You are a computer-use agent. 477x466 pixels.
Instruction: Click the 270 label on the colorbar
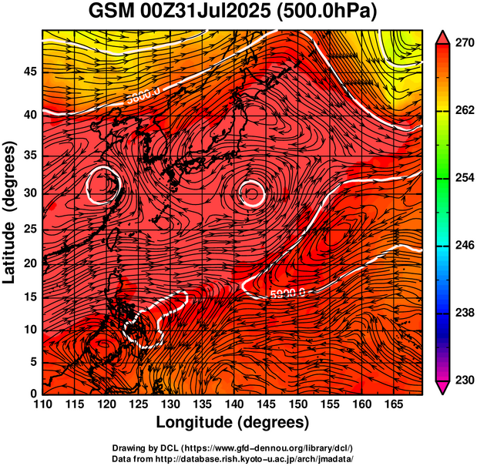pos(462,45)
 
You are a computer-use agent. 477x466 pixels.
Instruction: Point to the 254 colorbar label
pos(462,178)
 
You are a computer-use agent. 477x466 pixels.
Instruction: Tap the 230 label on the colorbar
pos(462,380)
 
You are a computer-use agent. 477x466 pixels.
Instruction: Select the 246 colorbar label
pos(462,246)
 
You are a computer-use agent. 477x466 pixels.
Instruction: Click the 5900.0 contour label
pos(287,292)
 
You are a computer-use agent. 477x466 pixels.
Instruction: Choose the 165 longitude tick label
pos(391,404)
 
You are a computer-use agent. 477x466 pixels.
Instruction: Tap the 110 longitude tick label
pos(43,404)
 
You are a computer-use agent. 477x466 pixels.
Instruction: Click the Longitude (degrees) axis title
pos(233,422)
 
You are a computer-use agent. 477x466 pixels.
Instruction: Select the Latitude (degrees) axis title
pos(11,212)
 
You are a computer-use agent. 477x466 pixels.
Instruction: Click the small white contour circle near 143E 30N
pos(252,193)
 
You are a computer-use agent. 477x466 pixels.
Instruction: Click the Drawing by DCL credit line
pos(233,448)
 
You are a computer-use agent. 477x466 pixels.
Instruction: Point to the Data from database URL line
pos(233,458)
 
